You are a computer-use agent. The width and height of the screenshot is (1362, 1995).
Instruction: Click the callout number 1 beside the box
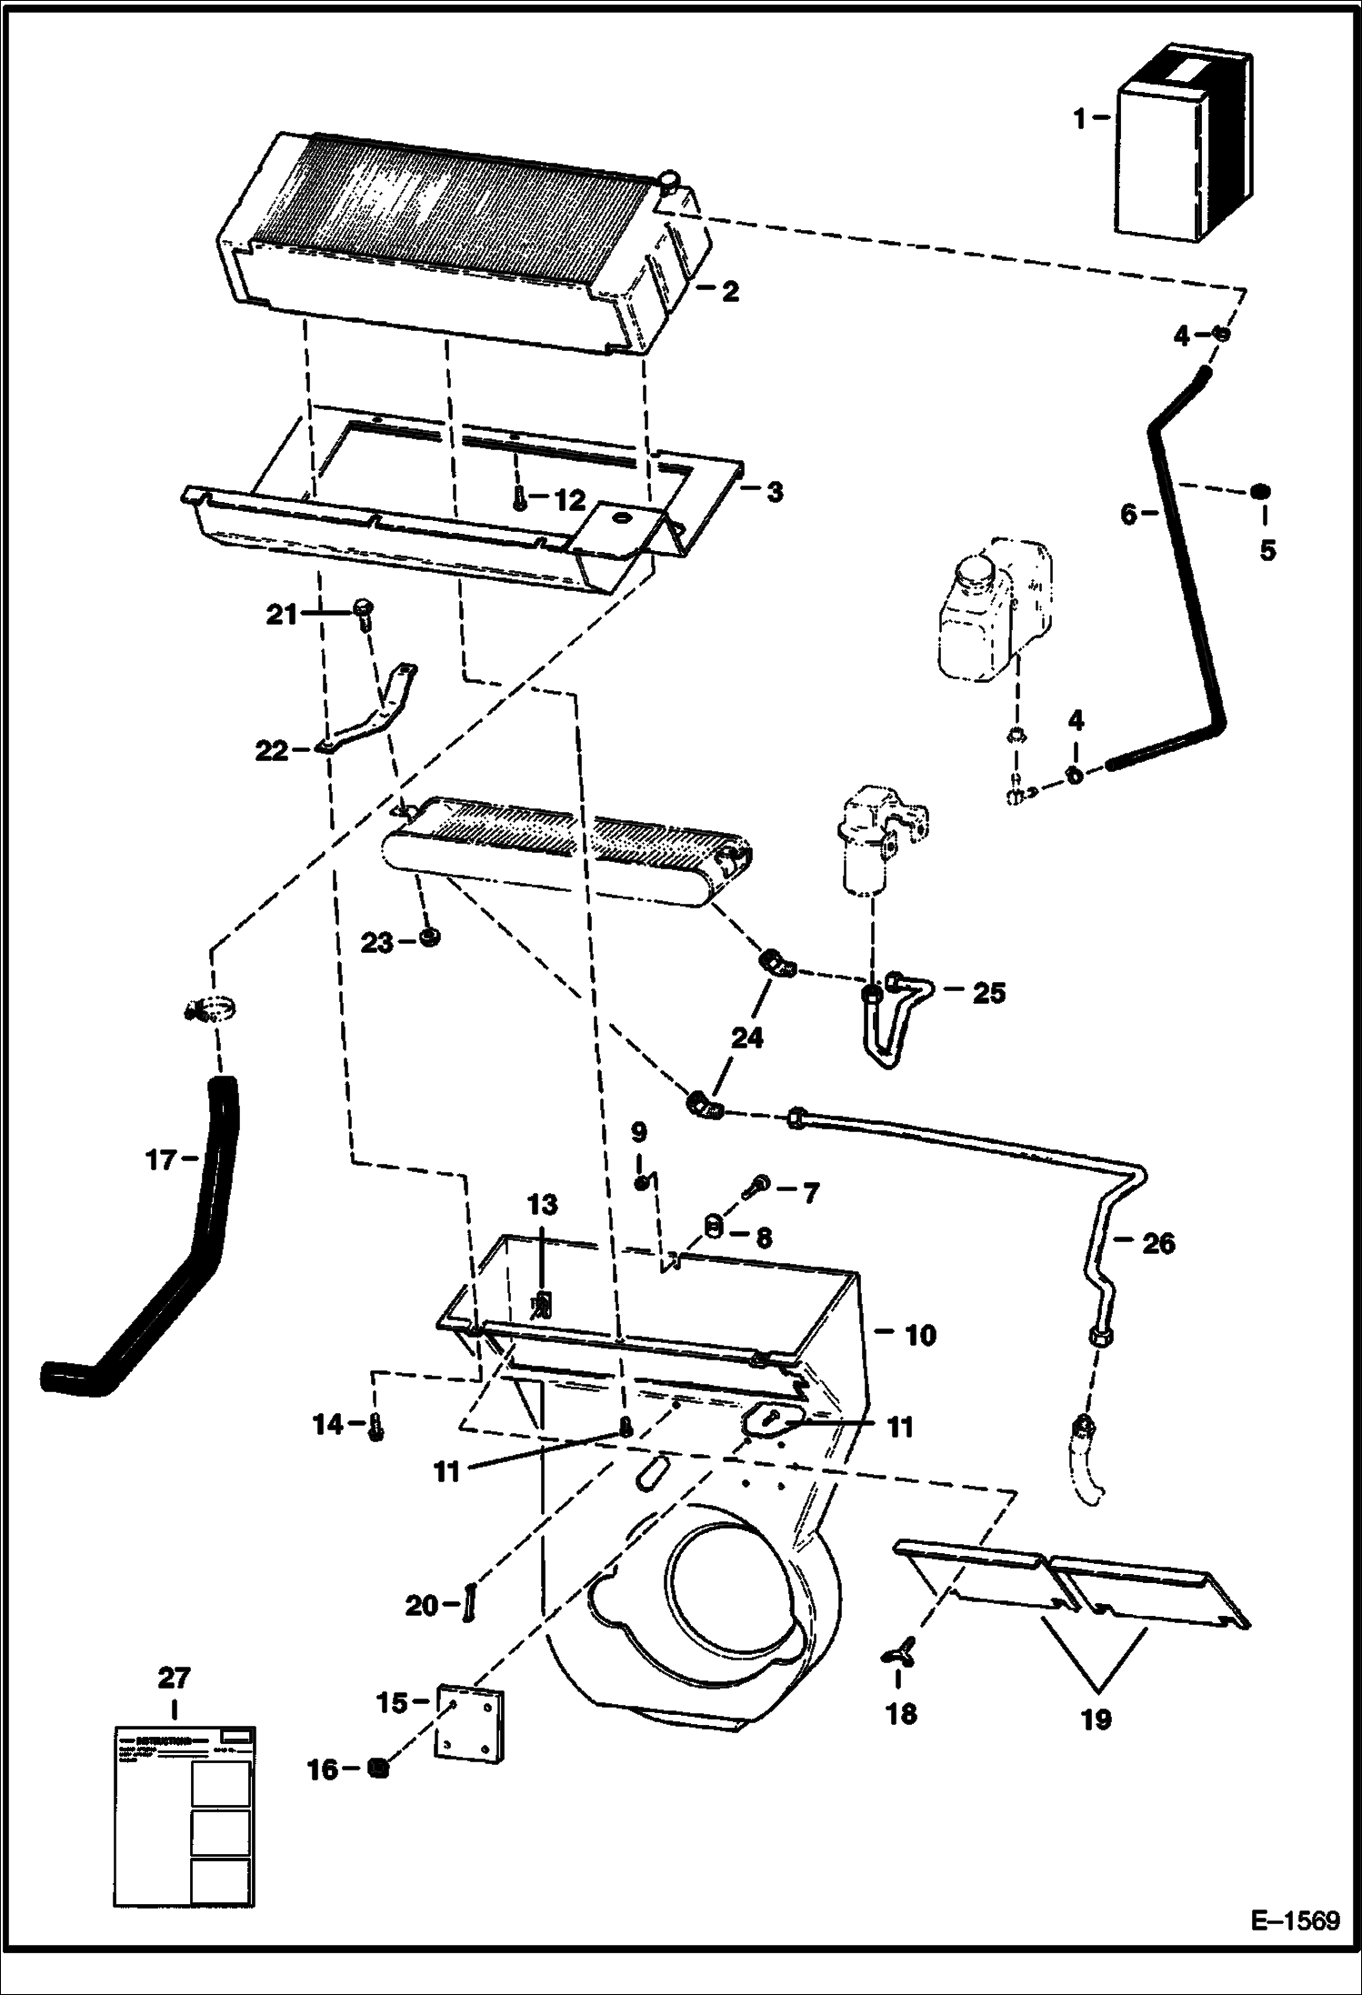click(1079, 119)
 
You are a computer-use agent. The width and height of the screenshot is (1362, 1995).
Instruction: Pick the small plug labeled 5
click(1260, 492)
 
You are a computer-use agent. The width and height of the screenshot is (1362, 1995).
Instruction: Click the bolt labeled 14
click(375, 1429)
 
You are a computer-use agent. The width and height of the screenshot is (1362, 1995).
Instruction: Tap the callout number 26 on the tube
click(1157, 1243)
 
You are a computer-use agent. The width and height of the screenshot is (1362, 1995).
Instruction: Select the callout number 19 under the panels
click(1097, 1719)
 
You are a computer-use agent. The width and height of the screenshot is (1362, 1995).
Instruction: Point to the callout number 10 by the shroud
click(920, 1335)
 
